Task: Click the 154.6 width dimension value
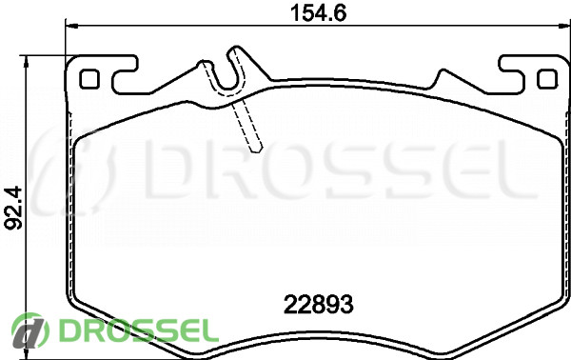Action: [x=318, y=13]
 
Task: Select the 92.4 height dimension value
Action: [x=13, y=208]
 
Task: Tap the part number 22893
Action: [x=318, y=304]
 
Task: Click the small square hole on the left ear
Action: [x=89, y=78]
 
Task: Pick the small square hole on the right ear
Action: [x=547, y=78]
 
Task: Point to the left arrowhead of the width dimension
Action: [x=71, y=26]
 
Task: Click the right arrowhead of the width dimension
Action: [x=564, y=26]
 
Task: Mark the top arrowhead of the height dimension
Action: [x=26, y=62]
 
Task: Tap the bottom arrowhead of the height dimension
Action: [x=26, y=353]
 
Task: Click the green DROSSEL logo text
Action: [x=138, y=330]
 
